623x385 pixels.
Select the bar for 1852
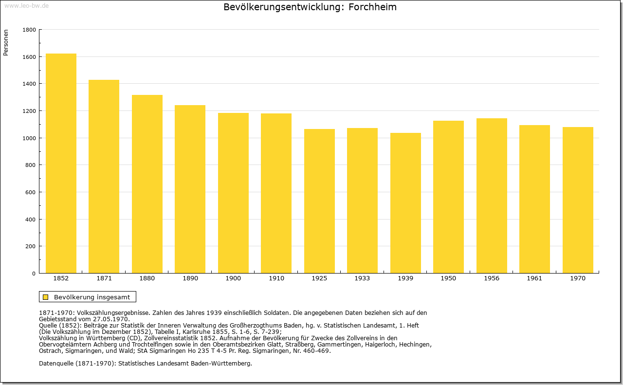click(61, 163)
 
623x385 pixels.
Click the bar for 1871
click(104, 176)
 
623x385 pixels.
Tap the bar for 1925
click(319, 201)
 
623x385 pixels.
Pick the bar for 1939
click(405, 203)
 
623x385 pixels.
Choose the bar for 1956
click(492, 196)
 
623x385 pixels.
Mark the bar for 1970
click(578, 200)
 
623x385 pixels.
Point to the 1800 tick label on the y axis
click(29, 30)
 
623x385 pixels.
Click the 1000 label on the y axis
click(29, 138)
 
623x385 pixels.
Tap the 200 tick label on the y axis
click(31, 246)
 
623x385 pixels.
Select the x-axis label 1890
click(190, 278)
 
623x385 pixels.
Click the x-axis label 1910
click(276, 278)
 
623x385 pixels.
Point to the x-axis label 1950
click(448, 278)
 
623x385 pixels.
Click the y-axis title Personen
click(6, 42)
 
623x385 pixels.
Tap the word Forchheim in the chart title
click(372, 7)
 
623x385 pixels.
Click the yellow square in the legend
click(46, 297)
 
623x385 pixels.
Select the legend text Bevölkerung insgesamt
click(92, 297)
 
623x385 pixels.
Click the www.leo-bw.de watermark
click(26, 5)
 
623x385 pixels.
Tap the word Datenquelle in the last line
click(56, 364)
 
